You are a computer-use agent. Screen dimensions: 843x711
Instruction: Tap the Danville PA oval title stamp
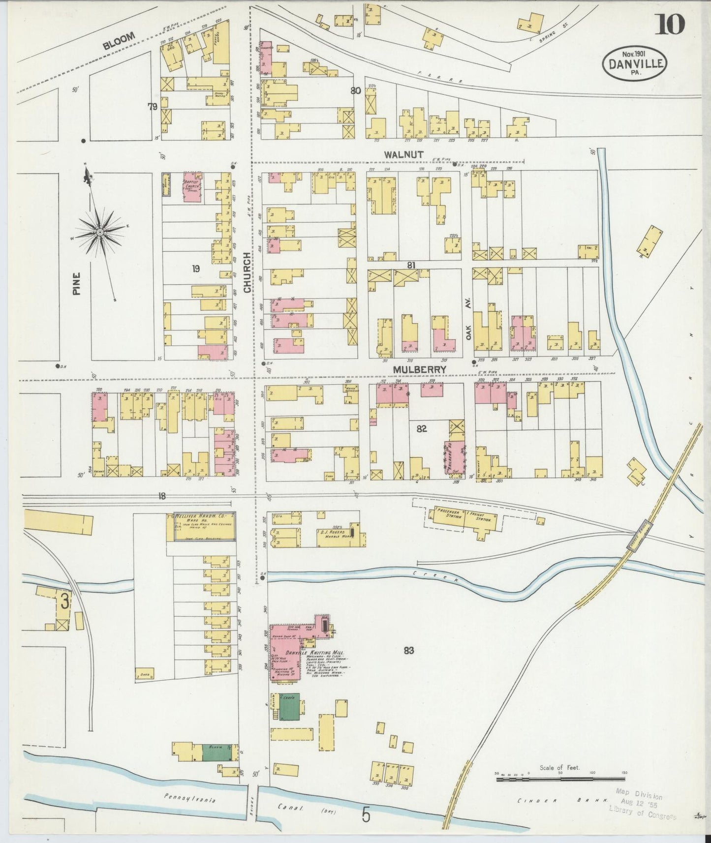pos(635,63)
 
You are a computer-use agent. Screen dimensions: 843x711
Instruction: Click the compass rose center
pos(100,231)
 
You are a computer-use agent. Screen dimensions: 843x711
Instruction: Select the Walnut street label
pos(404,154)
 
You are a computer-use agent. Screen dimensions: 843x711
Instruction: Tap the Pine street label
pos(77,284)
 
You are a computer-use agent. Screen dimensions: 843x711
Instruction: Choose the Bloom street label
pos(119,40)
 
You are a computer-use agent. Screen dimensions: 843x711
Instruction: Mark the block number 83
pos(408,651)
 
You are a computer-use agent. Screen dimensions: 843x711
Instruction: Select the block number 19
pos(196,269)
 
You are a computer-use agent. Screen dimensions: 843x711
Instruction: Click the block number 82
pos(421,428)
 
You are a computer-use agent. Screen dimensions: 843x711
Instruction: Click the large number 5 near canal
pos(366,815)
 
